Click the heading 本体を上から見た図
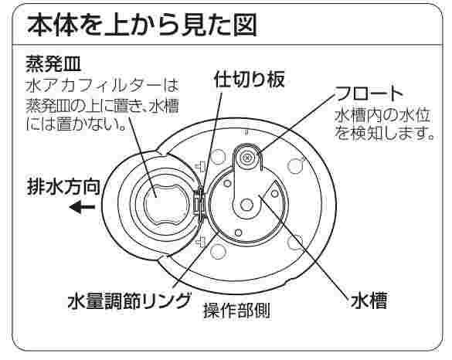pos(141,25)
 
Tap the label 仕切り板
pos(250,79)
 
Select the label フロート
pos(369,93)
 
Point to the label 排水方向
pos(63,187)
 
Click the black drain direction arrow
pos(82,207)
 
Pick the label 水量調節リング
pos(129,301)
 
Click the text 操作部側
pos(237,311)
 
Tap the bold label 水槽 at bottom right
pos(369,301)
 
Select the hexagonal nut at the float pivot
pos(246,205)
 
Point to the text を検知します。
pos(385,134)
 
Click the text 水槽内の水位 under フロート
pos(382,116)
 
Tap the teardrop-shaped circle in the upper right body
pos(295,166)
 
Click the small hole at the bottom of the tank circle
pos(239,232)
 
